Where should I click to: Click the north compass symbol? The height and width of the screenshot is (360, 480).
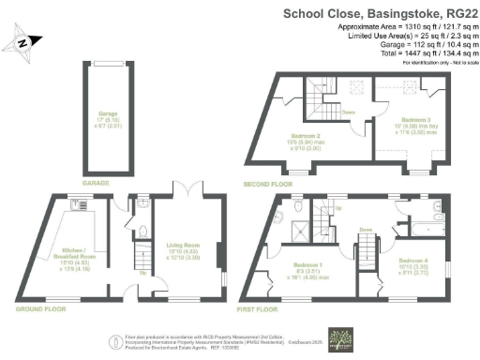click(x=25, y=42)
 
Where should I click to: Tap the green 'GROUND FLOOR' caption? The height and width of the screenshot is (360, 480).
click(x=40, y=308)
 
